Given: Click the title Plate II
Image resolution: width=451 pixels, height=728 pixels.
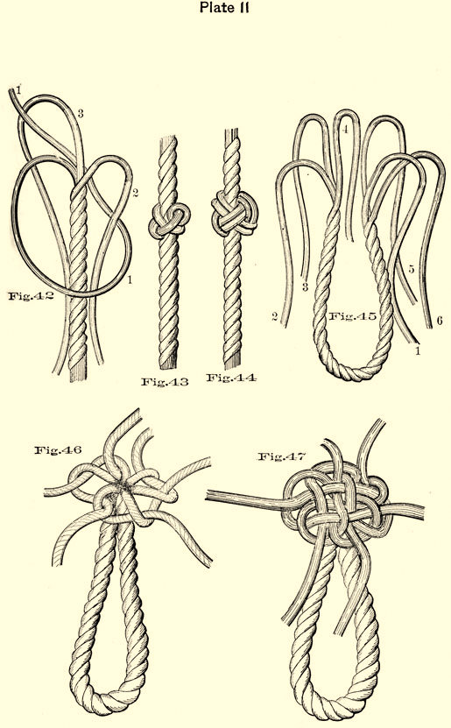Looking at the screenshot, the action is click(x=224, y=7).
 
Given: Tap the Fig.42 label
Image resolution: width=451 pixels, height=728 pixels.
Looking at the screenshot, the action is click(x=31, y=296).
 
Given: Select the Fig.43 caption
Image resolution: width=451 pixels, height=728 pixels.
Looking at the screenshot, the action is click(x=165, y=382).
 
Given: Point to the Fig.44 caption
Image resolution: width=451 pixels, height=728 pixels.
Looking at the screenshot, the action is click(x=231, y=378).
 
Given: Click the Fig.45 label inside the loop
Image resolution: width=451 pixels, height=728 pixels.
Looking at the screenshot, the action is click(x=353, y=316).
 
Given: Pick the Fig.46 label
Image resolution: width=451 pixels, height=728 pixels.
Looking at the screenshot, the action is click(x=58, y=449).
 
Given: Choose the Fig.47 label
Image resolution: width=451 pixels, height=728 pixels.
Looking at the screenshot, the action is click(x=282, y=456).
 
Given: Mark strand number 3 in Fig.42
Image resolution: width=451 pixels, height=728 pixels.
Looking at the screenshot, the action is click(x=81, y=114).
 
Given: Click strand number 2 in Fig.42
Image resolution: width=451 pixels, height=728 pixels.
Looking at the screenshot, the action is click(x=135, y=193).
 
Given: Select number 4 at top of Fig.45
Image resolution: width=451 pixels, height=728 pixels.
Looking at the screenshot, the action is click(x=345, y=130).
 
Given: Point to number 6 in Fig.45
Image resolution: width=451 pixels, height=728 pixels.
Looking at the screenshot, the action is click(x=440, y=321).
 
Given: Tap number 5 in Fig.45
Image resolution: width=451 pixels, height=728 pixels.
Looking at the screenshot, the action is click(x=411, y=269).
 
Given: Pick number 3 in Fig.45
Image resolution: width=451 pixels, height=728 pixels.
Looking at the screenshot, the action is click(x=305, y=287).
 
